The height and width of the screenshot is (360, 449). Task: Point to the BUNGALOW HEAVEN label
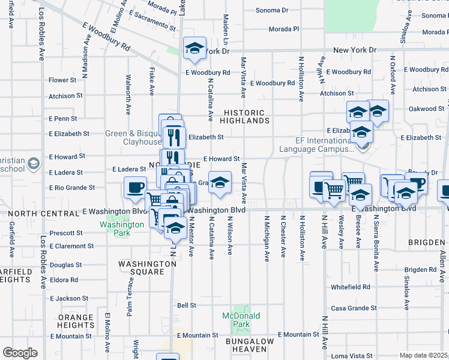[250, 345]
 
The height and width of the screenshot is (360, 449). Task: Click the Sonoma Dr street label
[272, 10]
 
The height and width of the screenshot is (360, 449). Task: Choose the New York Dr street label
[354, 50]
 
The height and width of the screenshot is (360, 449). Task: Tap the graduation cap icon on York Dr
[194, 49]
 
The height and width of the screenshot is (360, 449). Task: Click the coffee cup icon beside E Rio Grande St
[134, 187]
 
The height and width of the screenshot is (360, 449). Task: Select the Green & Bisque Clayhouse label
[133, 137]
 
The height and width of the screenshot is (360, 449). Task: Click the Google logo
[20, 352]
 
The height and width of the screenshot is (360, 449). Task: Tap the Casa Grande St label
[354, 308]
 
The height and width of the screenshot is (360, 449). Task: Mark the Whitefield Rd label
[350, 287]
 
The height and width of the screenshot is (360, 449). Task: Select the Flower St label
[62, 80]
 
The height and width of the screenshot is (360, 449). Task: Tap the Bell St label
[187, 305]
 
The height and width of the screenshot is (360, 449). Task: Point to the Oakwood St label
[426, 109]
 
